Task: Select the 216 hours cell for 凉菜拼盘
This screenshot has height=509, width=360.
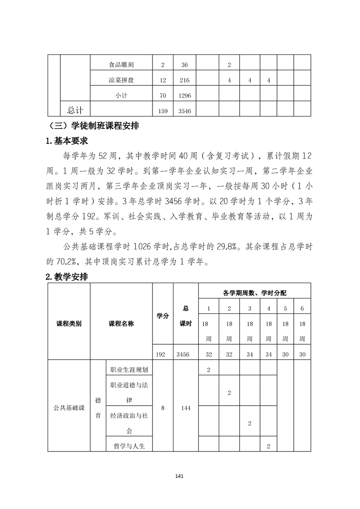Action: click(184, 80)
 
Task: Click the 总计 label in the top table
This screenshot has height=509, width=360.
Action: click(75, 110)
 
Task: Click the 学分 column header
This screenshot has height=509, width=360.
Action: click(163, 316)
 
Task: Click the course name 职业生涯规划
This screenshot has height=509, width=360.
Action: click(129, 369)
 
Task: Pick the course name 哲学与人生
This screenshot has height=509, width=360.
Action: click(129, 446)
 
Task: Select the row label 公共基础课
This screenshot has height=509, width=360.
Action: click(69, 408)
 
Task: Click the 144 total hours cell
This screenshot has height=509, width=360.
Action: click(185, 408)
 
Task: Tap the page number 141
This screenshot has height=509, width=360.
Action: click(179, 476)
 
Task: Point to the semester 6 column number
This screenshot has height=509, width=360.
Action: click(302, 308)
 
